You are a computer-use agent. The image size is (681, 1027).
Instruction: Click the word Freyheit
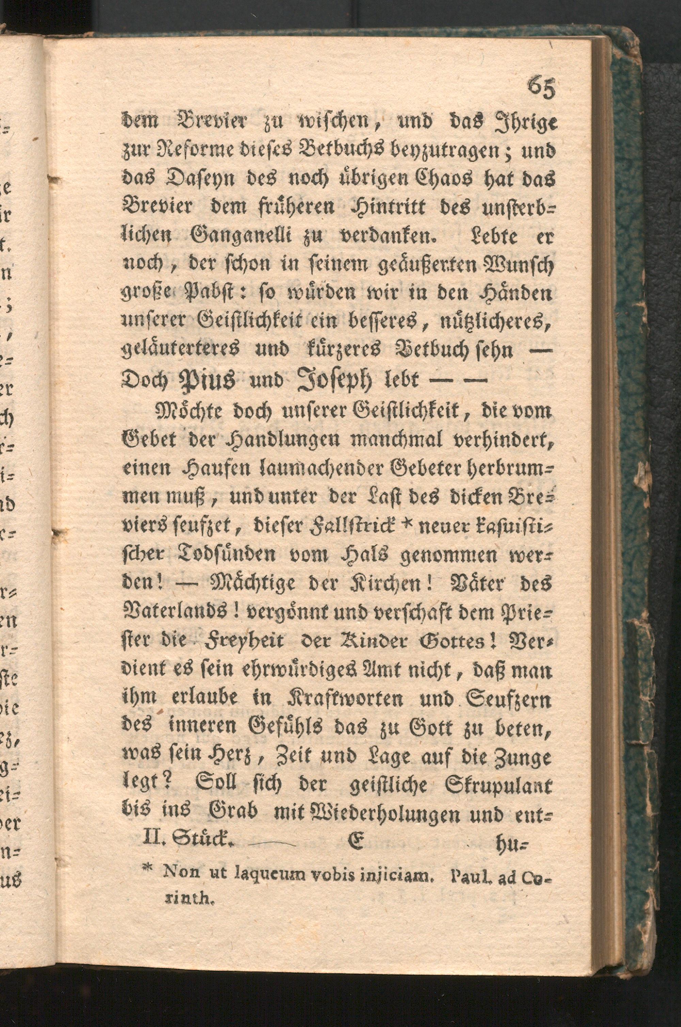(x=247, y=642)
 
